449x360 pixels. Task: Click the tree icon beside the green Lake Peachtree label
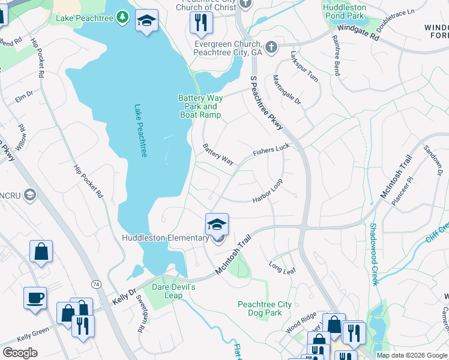122,17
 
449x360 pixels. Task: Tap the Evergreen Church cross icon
271,47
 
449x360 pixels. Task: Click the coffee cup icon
35,298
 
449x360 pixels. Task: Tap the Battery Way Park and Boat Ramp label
200,106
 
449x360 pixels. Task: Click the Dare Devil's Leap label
173,291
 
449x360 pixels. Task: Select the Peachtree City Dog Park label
265,308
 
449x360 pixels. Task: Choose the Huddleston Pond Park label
344,11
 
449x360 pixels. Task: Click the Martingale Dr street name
287,91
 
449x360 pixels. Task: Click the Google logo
19,353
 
